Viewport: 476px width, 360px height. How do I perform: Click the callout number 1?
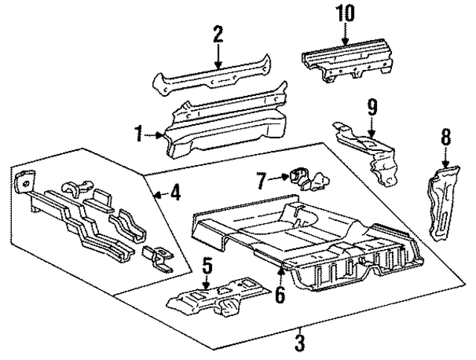coord(139,135)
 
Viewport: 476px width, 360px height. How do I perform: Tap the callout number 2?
coord(218,33)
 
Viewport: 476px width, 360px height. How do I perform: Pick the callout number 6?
coord(279,295)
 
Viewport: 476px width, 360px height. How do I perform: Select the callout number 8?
coord(446,135)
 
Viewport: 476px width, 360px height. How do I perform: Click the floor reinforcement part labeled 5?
coord(212,298)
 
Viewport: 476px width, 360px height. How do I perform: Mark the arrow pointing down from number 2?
coord(218,57)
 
